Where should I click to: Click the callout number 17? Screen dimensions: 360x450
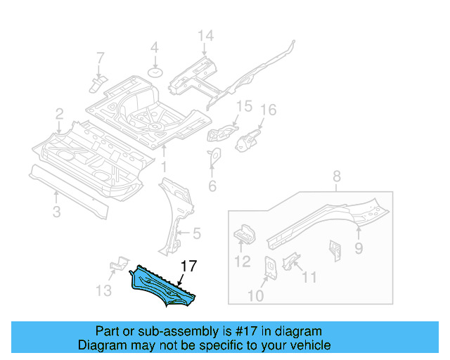(188, 266)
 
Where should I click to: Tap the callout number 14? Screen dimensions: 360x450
(205, 37)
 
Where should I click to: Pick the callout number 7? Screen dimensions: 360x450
(100, 57)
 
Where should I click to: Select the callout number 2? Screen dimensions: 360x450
(60, 113)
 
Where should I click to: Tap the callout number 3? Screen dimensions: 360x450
(56, 211)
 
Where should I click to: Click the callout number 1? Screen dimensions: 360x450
(163, 167)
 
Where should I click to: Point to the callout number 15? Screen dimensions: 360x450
(243, 106)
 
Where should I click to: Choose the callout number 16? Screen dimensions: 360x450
(269, 110)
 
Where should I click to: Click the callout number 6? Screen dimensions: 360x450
(212, 186)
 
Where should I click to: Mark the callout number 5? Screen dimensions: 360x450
(197, 233)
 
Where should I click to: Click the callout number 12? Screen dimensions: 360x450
(241, 263)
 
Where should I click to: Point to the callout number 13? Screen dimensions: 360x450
(103, 291)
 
